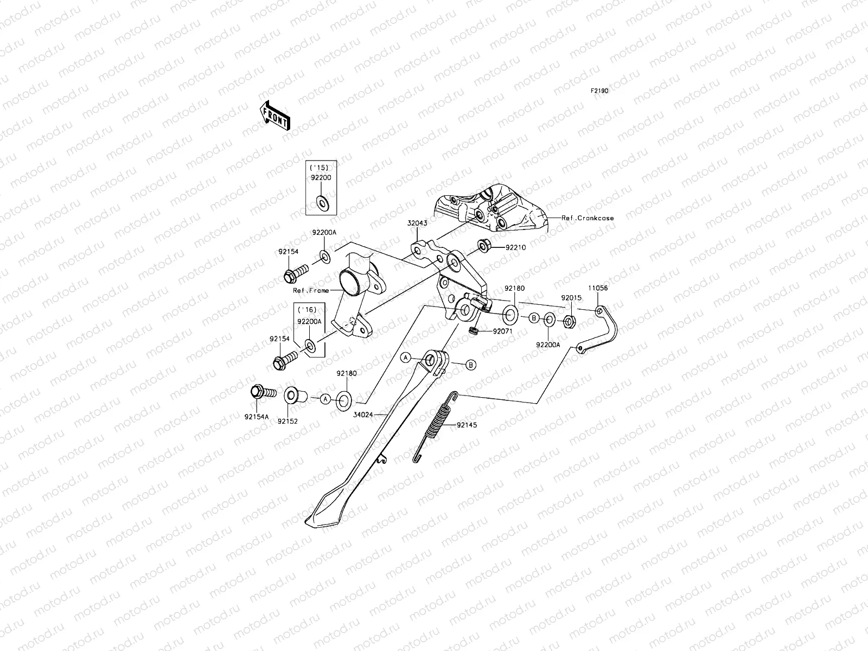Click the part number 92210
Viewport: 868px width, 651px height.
(x=515, y=247)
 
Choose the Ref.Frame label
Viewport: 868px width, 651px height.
(x=311, y=290)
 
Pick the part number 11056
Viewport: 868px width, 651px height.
(x=598, y=289)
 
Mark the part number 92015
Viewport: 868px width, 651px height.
(x=570, y=298)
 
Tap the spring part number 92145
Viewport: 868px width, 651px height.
(x=467, y=425)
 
